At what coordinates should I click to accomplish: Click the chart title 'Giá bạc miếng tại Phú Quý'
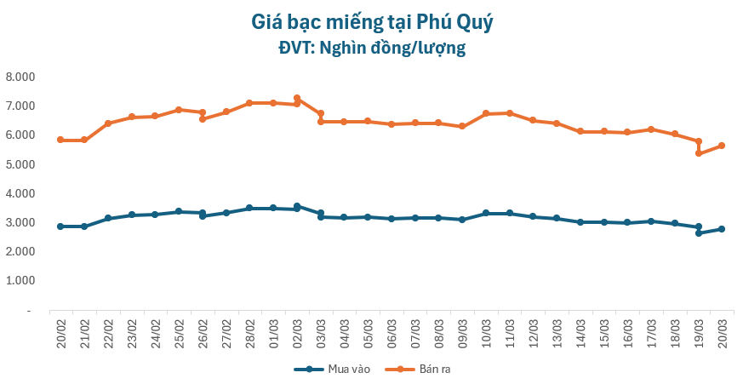372,21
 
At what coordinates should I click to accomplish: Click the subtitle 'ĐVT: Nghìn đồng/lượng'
372,48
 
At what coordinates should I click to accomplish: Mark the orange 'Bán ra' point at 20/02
60,140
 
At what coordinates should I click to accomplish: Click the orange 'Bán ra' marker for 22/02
107,123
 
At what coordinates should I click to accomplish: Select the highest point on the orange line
296,98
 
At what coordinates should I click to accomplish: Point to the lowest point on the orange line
699,153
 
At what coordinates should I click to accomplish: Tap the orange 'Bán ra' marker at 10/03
486,113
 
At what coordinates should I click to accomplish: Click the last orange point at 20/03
722,146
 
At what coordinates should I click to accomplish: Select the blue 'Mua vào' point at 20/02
60,226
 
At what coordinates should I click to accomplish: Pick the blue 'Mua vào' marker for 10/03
486,213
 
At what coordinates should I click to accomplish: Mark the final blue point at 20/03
722,229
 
